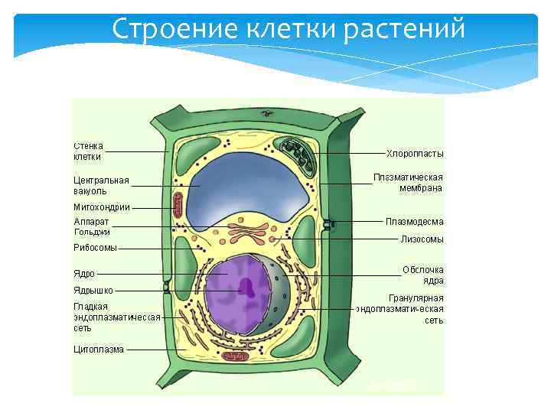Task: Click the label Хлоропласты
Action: [415, 154]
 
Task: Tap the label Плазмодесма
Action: [414, 222]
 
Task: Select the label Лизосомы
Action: [422, 239]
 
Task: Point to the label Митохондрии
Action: [102, 207]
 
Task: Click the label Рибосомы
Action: [95, 248]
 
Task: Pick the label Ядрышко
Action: [93, 291]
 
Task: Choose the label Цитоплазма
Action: [98, 350]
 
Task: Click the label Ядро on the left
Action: [84, 273]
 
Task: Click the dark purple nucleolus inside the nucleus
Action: [247, 287]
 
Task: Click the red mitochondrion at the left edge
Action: [178, 205]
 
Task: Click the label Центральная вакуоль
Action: [101, 186]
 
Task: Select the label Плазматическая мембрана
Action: [408, 182]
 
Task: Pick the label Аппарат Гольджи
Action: [92, 226]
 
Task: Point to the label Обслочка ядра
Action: [423, 275]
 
